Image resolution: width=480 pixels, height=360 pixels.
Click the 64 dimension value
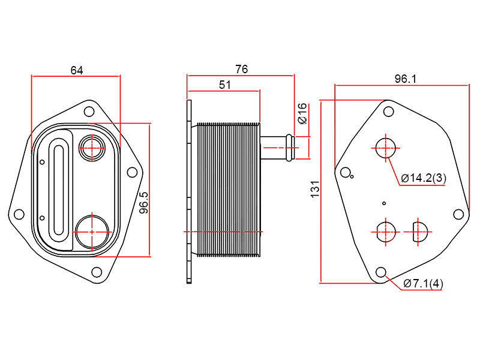(x=77, y=70)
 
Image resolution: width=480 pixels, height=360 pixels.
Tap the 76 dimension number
(x=242, y=69)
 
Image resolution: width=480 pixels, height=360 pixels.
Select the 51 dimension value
(x=225, y=85)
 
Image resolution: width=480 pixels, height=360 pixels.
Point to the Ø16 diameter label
(x=302, y=113)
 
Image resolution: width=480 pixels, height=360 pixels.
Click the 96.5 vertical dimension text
(x=143, y=203)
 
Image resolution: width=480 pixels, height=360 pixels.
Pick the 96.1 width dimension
(x=406, y=79)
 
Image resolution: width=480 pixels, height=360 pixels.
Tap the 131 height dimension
(x=315, y=190)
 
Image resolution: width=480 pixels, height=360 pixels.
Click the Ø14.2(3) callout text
(x=424, y=178)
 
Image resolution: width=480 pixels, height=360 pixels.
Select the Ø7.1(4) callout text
(x=424, y=283)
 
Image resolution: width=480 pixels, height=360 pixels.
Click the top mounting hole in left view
(x=89, y=112)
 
